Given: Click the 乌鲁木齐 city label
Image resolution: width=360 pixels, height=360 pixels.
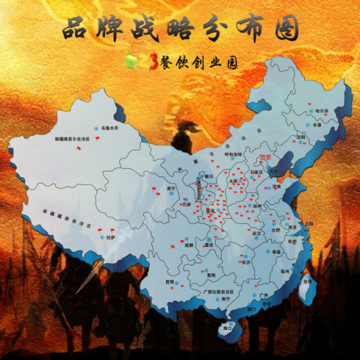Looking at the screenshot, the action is click(x=112, y=128).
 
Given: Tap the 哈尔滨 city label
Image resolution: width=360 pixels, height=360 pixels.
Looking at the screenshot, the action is click(x=321, y=111).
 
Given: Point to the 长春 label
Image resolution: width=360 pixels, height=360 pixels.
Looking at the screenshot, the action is click(x=318, y=125).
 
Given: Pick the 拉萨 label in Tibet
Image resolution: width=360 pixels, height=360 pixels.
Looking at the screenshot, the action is click(x=110, y=238).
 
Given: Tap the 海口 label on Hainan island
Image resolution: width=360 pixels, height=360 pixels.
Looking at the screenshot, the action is click(x=227, y=328).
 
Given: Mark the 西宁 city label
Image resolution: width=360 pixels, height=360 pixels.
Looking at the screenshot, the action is click(x=171, y=188).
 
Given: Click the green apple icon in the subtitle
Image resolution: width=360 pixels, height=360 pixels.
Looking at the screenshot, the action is click(x=131, y=62).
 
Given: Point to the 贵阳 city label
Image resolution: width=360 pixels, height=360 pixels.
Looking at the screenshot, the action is click(x=210, y=275).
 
